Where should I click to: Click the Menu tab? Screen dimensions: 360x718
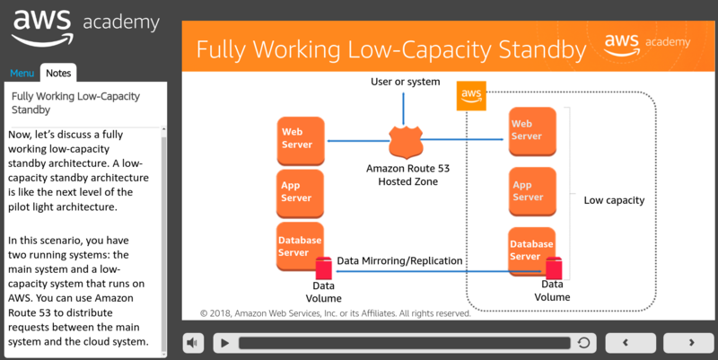[22, 74]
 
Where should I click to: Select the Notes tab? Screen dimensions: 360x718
[59, 74]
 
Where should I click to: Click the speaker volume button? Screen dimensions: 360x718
[193, 343]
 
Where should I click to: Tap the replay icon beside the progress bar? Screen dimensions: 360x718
[583, 343]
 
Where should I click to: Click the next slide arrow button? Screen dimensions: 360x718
[691, 343]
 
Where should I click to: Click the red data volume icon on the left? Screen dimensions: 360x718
[324, 268]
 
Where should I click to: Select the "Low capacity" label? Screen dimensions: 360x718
[614, 201]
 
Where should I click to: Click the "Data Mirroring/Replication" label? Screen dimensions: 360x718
[399, 261]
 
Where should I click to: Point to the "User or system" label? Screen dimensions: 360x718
[406, 83]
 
